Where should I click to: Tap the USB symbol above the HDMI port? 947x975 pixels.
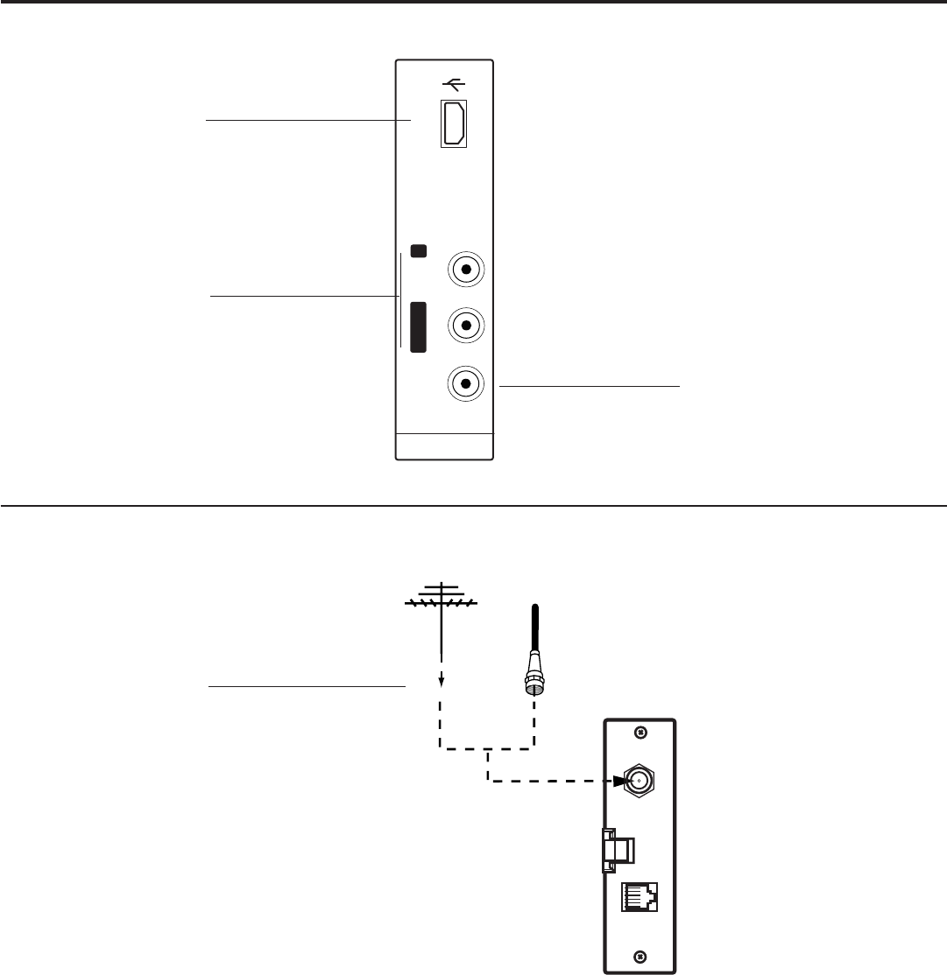tap(454, 85)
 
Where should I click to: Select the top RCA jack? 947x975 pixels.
tap(467, 270)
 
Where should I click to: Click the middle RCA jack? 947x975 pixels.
tap(467, 326)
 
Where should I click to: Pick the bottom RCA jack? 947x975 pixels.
tap(467, 383)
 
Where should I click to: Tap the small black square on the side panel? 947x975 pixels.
tap(419, 251)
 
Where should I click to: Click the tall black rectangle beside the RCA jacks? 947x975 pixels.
tap(419, 326)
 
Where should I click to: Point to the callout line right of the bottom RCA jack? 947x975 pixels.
tap(589, 384)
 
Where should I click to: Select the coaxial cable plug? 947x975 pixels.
tap(531, 683)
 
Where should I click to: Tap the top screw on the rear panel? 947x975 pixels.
tap(640, 732)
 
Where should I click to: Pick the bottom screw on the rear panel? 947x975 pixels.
tap(640, 957)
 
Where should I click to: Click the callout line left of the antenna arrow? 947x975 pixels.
tap(307, 687)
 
